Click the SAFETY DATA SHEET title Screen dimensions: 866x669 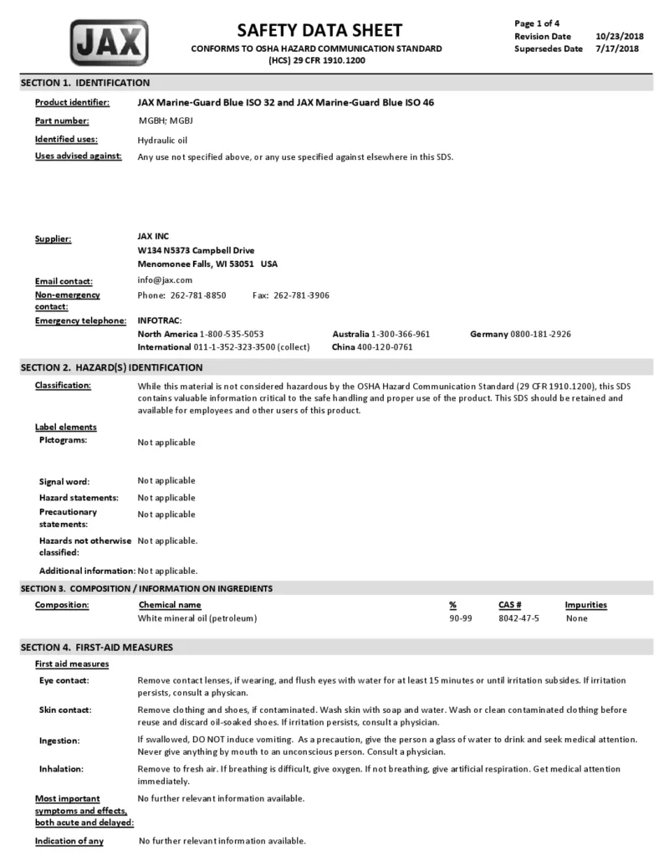click(319, 30)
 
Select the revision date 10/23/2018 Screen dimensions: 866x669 click(619, 36)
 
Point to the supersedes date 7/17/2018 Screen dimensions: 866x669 click(617, 49)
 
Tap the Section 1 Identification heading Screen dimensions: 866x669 click(85, 83)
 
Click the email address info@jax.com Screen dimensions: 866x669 click(165, 280)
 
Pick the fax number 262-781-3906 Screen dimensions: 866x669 click(301, 295)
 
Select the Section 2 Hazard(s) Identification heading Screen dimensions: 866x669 click(111, 367)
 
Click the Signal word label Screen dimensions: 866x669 click(64, 482)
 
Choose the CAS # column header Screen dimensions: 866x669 click(509, 605)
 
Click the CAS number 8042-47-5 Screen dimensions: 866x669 click(518, 618)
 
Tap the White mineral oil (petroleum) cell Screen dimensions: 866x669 click(197, 618)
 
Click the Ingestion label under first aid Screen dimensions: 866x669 click(59, 741)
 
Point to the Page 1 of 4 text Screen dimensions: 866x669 click(537, 23)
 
